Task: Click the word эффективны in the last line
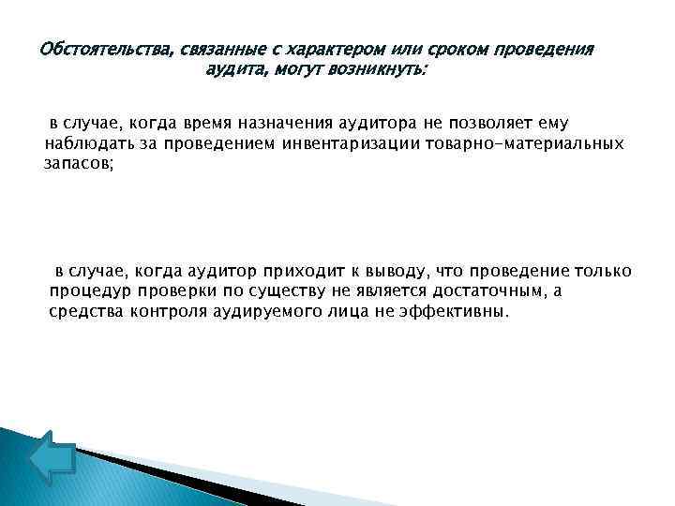455,311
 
